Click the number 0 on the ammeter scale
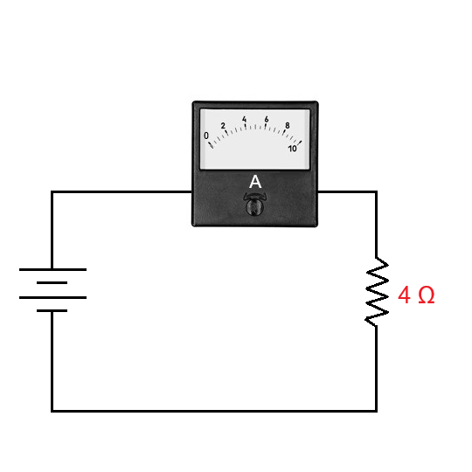[206, 135]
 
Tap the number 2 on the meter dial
[224, 126]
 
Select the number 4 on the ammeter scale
[245, 119]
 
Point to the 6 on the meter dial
[266, 119]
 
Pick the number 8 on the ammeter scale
[287, 127]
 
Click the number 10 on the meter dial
[293, 148]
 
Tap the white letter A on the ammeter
[255, 182]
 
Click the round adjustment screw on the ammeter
[255, 206]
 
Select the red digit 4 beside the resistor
[405, 295]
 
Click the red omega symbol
[426, 295]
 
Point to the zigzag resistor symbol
[377, 292]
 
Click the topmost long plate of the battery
[52, 269]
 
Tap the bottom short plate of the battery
[52, 311]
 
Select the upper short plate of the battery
[52, 283]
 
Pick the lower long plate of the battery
[52, 297]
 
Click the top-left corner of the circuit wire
[52, 192]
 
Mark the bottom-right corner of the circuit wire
[377, 410]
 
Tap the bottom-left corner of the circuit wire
[52, 410]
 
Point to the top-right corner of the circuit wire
[377, 192]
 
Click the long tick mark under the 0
[210, 144]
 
